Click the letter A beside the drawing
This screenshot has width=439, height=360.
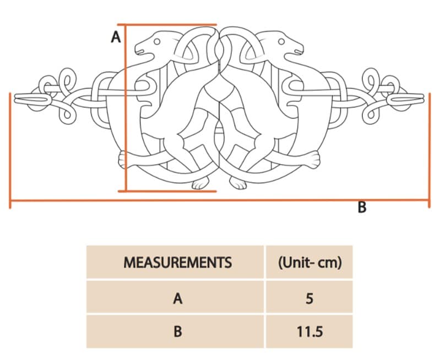pos(116,37)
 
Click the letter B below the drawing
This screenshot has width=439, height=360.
pos(362,208)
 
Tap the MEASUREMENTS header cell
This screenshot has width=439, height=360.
pos(177,262)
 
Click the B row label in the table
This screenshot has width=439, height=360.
pos(177,332)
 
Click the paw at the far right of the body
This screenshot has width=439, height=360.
pos(314,160)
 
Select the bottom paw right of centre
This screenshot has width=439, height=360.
pos(238,184)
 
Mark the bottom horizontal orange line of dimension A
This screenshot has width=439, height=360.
pos(168,191)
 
